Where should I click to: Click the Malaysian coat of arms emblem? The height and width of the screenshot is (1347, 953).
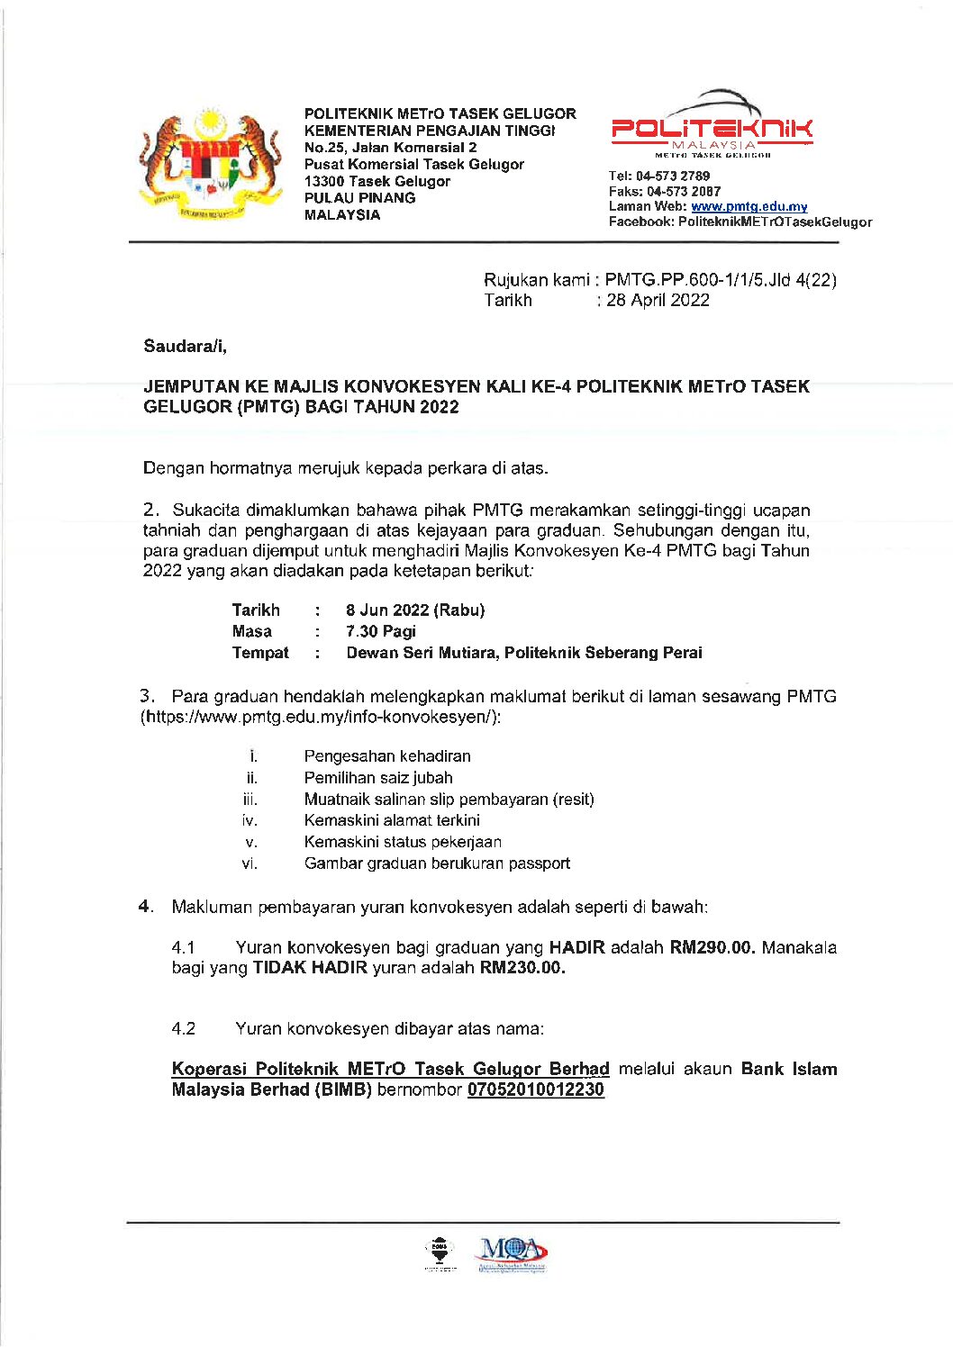point(211,165)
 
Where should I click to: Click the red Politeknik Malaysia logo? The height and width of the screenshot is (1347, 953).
point(712,131)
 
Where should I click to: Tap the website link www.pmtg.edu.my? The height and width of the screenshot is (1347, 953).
point(749,207)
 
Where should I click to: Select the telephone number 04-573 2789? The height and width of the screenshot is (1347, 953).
point(672,176)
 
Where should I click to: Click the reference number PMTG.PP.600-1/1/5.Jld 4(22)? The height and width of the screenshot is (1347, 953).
point(721,280)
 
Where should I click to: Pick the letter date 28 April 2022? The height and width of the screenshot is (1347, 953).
point(658,301)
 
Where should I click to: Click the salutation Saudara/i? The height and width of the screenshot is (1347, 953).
point(185,346)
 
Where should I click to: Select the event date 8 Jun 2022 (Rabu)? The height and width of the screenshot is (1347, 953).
point(415,610)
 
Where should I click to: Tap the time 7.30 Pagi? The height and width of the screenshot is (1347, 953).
point(380,632)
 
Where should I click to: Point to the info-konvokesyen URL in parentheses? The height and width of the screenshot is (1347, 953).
point(320,718)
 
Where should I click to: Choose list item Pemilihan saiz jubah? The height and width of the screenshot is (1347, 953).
point(378,778)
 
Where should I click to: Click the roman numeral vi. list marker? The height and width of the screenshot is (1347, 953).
point(250,864)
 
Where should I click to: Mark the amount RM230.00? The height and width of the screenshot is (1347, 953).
point(522,969)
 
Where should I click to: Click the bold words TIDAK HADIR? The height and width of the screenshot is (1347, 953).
point(310,969)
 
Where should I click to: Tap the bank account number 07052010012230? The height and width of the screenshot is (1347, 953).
point(536,1090)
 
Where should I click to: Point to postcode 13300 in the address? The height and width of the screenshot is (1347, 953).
point(324,182)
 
